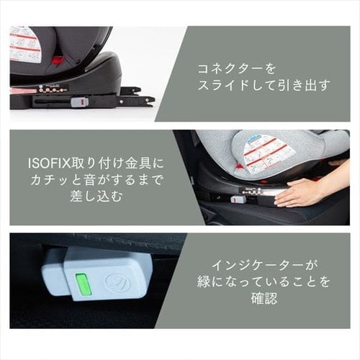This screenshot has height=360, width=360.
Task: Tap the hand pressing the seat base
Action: tap(302, 192)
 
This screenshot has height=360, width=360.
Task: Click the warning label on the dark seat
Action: tap(24, 44)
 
